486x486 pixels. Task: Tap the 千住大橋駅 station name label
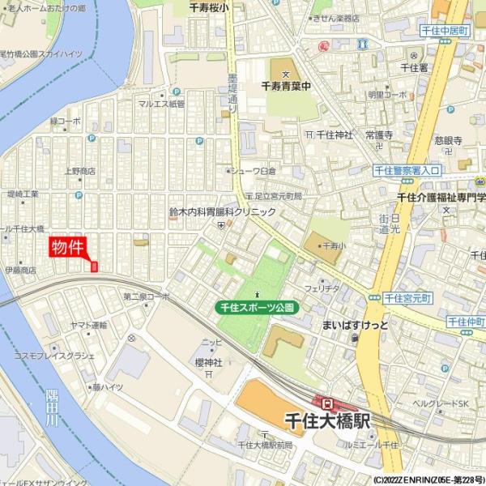(x=328, y=421)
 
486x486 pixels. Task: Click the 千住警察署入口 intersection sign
(x=407, y=170)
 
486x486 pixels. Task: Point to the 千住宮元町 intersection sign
(x=408, y=298)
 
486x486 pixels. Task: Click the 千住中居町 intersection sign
(x=446, y=31)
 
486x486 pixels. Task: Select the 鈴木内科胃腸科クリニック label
(x=222, y=211)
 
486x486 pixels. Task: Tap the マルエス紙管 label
(x=161, y=104)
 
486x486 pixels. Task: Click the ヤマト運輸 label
(x=88, y=325)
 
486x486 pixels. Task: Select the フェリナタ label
(x=322, y=288)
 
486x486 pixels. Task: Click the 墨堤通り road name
(x=232, y=91)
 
